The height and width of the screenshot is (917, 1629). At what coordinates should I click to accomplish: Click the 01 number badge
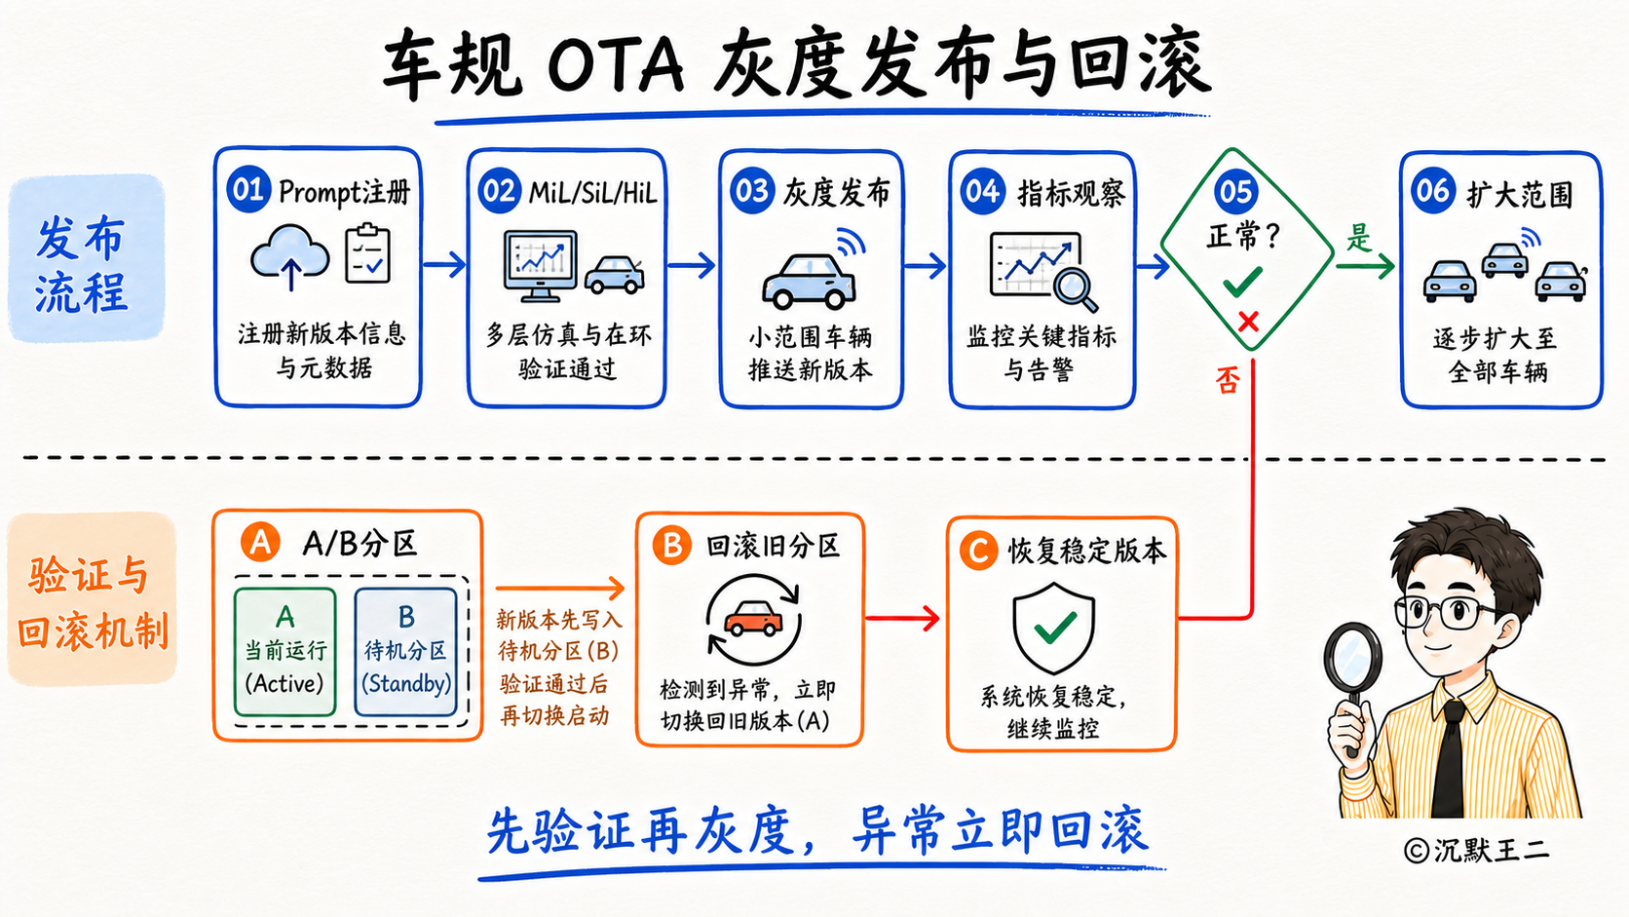[x=248, y=190]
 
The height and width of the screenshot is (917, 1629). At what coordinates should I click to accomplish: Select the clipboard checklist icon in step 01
[x=368, y=253]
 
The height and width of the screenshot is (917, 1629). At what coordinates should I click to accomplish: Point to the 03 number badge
[x=752, y=191]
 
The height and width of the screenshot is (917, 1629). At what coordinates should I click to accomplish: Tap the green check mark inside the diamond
[x=1242, y=282]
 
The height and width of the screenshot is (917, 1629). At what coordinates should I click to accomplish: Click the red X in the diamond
[x=1248, y=321]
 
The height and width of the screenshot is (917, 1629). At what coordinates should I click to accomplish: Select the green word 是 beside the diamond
[x=1358, y=237]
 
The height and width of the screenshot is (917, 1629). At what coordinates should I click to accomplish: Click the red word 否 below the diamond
[x=1228, y=380]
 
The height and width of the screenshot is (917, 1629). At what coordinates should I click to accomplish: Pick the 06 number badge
[x=1432, y=191]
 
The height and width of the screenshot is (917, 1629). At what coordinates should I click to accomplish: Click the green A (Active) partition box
[x=285, y=652]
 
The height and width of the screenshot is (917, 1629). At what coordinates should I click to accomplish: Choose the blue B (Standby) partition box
[x=406, y=652]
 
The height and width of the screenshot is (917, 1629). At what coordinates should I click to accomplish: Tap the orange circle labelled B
[x=671, y=546]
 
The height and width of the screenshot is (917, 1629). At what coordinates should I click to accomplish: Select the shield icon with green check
[x=1054, y=627]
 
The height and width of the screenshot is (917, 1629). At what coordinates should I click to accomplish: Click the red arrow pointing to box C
[x=902, y=619]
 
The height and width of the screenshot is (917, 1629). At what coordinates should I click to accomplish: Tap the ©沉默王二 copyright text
[x=1476, y=850]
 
